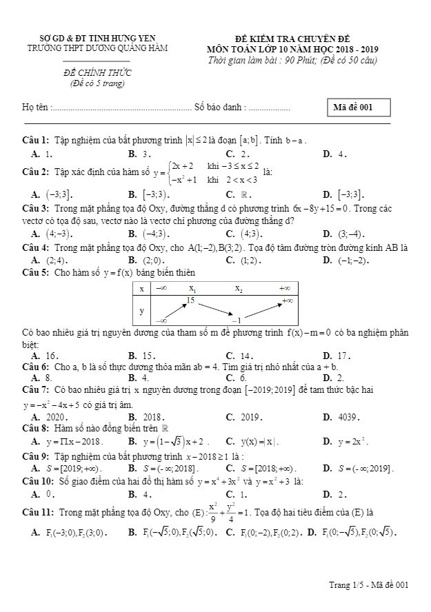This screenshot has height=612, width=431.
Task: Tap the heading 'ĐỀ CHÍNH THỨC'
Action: click(93, 73)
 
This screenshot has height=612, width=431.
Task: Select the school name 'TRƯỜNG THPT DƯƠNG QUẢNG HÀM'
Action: click(97, 48)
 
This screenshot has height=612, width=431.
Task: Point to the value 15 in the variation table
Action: click(191, 300)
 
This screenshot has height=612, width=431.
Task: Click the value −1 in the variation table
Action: click(236, 320)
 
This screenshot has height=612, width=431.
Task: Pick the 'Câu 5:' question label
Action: click(35, 273)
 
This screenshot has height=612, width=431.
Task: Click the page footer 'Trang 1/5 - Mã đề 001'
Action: click(369, 585)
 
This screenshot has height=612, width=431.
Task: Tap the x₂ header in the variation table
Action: click(238, 289)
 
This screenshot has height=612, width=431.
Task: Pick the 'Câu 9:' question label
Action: click(35, 456)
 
